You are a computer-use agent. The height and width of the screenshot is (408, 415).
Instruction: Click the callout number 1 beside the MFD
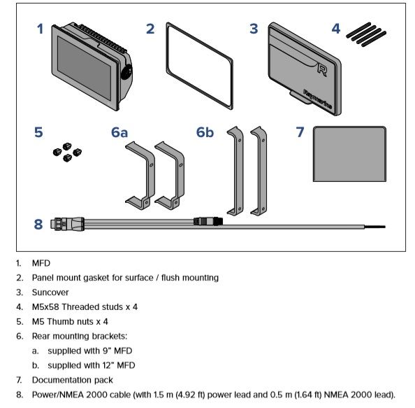[x=41, y=29]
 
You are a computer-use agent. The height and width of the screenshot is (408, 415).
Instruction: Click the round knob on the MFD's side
[x=126, y=71]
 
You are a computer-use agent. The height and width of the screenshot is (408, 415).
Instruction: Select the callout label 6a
[x=119, y=132]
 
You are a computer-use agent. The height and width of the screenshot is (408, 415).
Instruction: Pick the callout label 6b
[x=205, y=132]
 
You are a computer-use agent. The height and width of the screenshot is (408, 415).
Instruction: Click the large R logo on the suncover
[x=322, y=70]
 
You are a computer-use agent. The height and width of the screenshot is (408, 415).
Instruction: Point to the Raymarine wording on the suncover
[x=318, y=99]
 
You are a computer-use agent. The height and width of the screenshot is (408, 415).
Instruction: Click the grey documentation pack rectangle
[x=349, y=154]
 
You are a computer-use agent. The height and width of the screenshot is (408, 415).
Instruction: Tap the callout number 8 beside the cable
[x=38, y=224]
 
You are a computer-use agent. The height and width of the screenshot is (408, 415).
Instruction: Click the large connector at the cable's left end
[x=69, y=224]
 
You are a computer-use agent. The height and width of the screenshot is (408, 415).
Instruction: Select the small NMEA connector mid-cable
[x=208, y=221]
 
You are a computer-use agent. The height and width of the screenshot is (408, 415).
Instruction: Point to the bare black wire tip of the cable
[x=375, y=227]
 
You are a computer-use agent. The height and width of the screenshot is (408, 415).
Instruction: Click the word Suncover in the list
[x=50, y=293]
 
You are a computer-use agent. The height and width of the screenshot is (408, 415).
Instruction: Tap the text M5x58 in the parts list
[x=45, y=307]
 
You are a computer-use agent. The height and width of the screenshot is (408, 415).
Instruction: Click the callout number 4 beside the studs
[x=336, y=29]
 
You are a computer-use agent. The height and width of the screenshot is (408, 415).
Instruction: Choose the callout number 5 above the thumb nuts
[x=38, y=132]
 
